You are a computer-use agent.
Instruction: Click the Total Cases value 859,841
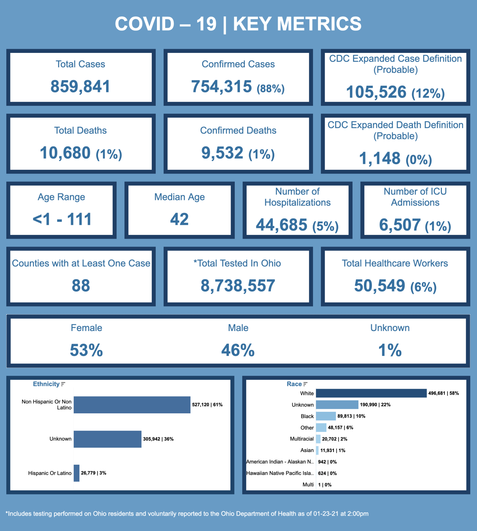[x=80, y=87]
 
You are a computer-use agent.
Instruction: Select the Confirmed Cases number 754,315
[x=222, y=87]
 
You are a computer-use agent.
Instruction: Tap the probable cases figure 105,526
[x=376, y=92]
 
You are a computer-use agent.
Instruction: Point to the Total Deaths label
[x=80, y=130]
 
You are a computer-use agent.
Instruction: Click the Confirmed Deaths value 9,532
[x=222, y=153]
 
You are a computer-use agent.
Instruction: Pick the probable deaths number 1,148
[x=380, y=159]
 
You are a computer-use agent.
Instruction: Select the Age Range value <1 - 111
[x=62, y=219]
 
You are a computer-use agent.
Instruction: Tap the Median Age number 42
[x=179, y=219]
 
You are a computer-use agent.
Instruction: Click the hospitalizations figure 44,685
[x=282, y=225]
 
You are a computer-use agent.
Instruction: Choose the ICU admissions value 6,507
[x=400, y=225]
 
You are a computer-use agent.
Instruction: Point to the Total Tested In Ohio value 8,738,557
[x=238, y=286]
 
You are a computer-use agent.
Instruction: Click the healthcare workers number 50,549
[x=379, y=286]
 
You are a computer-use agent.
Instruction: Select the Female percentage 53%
[x=86, y=350]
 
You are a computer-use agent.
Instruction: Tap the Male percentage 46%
[x=238, y=350]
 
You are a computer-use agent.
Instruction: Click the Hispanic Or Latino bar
[x=76, y=473]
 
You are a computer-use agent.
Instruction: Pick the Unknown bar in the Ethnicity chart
[x=107, y=439]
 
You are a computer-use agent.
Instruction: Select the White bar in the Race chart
[x=371, y=393]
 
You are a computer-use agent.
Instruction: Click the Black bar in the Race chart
[x=326, y=416]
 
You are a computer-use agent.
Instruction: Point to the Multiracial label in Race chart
[x=302, y=439]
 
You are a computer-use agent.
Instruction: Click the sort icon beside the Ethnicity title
[x=63, y=384]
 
